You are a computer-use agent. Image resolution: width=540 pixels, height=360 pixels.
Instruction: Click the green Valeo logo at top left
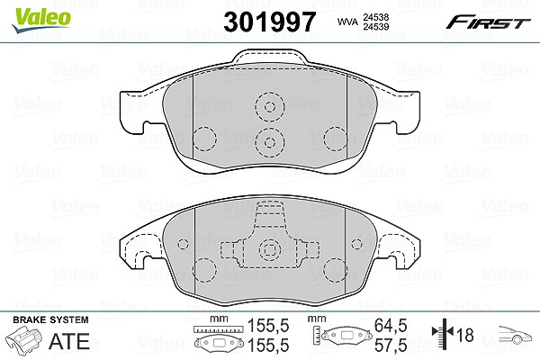pos(41,20)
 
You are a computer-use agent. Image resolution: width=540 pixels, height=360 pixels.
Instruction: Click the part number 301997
pos(270,22)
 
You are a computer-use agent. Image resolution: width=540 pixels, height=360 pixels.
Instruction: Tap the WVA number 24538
pos(375,17)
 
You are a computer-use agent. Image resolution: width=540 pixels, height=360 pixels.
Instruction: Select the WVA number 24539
pos(375,26)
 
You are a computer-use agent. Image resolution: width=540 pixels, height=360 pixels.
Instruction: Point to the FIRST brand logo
pos(488,22)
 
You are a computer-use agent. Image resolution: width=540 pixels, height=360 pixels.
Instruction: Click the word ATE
pos(69,341)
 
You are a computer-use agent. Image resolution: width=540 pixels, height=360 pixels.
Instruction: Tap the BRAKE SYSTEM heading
pos(50,319)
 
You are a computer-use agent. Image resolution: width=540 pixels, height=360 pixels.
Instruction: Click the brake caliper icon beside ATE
pos(24,339)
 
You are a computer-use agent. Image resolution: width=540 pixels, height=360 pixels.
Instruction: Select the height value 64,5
pos(391,325)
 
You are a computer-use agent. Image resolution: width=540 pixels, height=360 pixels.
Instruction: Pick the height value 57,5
pos(391,345)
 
